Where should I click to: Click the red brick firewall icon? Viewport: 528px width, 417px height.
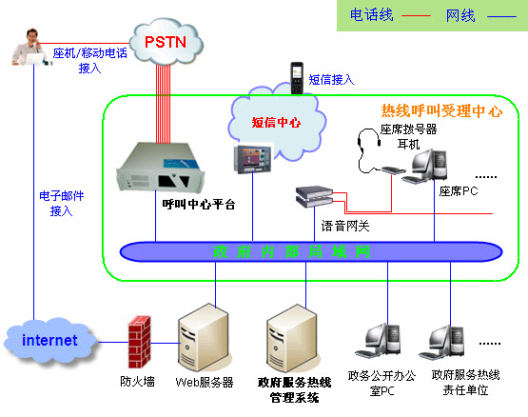tap(141, 346)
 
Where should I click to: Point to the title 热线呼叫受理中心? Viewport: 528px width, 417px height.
tap(441, 110)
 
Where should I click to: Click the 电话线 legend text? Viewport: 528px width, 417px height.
tap(372, 15)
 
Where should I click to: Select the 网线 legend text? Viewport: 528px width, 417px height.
tap(460, 15)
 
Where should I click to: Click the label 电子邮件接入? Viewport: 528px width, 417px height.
tap(61, 203)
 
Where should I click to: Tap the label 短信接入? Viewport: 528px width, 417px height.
tap(331, 80)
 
